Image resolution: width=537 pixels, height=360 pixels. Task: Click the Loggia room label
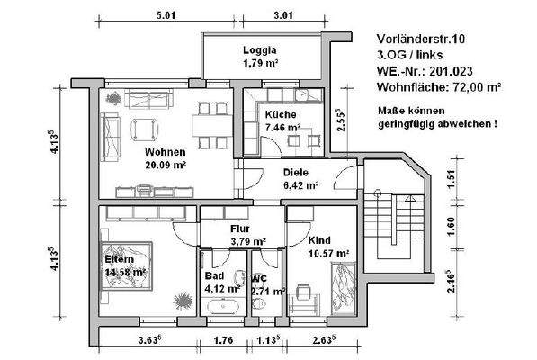(259, 50)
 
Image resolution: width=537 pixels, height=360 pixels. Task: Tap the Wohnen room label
(165, 152)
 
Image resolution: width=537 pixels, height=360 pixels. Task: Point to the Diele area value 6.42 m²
(300, 185)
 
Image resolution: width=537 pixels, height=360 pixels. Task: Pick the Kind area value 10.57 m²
(326, 255)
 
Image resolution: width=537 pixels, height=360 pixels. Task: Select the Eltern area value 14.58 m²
(128, 271)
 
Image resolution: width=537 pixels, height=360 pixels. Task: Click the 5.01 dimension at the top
(166, 15)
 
